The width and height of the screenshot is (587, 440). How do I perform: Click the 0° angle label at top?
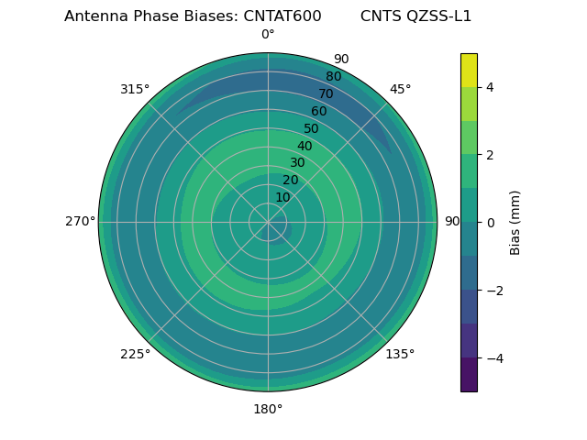[x=268, y=35]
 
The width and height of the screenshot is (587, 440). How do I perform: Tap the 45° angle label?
[x=400, y=89]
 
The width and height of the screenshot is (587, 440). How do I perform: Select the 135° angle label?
[x=400, y=354]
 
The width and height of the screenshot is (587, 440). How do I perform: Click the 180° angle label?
[x=268, y=409]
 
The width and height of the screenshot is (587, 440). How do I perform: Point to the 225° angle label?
[x=135, y=354]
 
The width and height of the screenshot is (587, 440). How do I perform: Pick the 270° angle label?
[x=80, y=222]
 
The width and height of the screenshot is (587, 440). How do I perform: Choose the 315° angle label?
[x=135, y=89]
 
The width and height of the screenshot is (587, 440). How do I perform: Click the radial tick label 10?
[x=282, y=198]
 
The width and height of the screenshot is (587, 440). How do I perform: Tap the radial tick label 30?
[x=297, y=163]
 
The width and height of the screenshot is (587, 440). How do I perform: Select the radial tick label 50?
[x=312, y=129]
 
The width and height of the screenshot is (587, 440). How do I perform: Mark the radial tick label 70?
[x=326, y=94]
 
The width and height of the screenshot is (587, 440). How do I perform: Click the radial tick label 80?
[x=333, y=77]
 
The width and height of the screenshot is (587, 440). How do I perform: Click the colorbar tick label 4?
[x=490, y=87]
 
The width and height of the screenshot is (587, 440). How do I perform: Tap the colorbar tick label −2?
[x=493, y=291]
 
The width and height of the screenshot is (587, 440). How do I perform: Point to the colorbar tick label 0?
[x=490, y=223]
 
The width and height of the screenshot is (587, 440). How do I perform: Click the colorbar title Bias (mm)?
[x=515, y=222]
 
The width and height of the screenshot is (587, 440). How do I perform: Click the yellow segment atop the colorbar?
[x=469, y=70]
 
